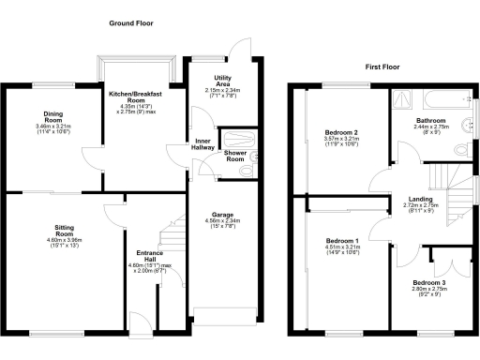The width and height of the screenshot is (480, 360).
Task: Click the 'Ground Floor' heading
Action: point(130,22)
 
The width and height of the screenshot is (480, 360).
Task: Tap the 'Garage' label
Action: point(222,215)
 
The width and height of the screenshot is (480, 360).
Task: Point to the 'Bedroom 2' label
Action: point(341,132)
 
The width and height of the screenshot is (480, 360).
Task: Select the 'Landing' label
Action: point(419,199)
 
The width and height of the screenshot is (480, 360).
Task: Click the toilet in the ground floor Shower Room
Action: point(253,157)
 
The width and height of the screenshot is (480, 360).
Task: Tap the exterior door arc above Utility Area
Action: point(241,49)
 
